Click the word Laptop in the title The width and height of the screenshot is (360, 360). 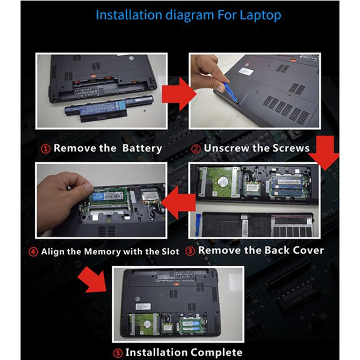260,15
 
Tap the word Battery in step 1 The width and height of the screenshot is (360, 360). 142,148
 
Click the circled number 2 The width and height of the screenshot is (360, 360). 196,149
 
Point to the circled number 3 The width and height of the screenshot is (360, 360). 190,251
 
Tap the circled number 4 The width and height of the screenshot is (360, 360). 33,252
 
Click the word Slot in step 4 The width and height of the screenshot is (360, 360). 171,252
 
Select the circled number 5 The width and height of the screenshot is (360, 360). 118,353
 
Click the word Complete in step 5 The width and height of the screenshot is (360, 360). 216,352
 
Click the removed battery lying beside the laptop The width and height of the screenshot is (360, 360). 96,109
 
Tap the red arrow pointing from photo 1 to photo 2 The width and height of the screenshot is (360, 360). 179,94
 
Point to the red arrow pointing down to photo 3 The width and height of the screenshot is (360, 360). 324,153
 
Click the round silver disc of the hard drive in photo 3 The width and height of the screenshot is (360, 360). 223,181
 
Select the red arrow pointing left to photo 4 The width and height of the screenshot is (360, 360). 178,202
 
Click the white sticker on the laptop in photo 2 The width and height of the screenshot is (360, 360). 246,70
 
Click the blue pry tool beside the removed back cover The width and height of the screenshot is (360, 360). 198,225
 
